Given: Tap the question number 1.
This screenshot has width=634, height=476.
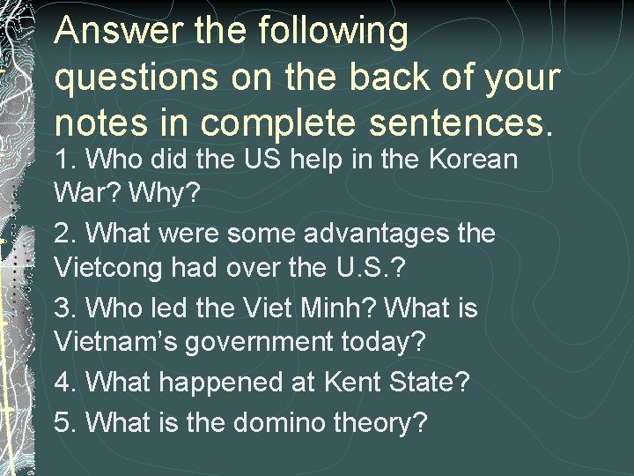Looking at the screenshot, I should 64,160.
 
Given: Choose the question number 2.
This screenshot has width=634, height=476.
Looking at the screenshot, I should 64,234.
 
